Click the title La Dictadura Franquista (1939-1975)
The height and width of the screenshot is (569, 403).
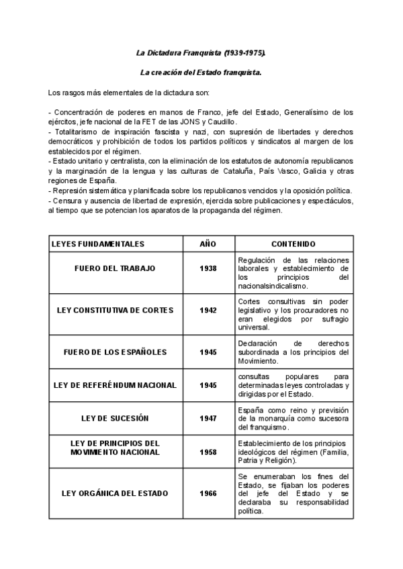coord(201,52)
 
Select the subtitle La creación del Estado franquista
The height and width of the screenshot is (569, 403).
coord(201,71)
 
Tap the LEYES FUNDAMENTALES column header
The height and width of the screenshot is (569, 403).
coord(98,244)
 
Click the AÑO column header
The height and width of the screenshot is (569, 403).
coord(208,244)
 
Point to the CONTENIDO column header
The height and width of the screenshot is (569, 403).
coord(294,244)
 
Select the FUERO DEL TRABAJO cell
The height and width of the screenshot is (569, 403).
coord(115,268)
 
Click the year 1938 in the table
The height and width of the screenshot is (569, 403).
coord(208,268)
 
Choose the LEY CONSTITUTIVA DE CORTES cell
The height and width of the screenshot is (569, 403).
coord(115,310)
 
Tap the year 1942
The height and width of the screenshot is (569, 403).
coord(208,310)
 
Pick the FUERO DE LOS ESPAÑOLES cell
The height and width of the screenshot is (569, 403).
coord(115,352)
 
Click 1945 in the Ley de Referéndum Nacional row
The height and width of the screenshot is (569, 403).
coord(208,385)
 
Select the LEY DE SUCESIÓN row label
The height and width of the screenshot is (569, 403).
coord(115,419)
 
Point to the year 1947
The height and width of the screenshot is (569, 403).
coord(208,419)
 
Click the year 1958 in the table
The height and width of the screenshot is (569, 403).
coord(208,452)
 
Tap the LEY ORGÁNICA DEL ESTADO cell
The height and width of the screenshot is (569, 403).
coord(115,493)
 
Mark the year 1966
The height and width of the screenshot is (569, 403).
coord(208,493)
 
